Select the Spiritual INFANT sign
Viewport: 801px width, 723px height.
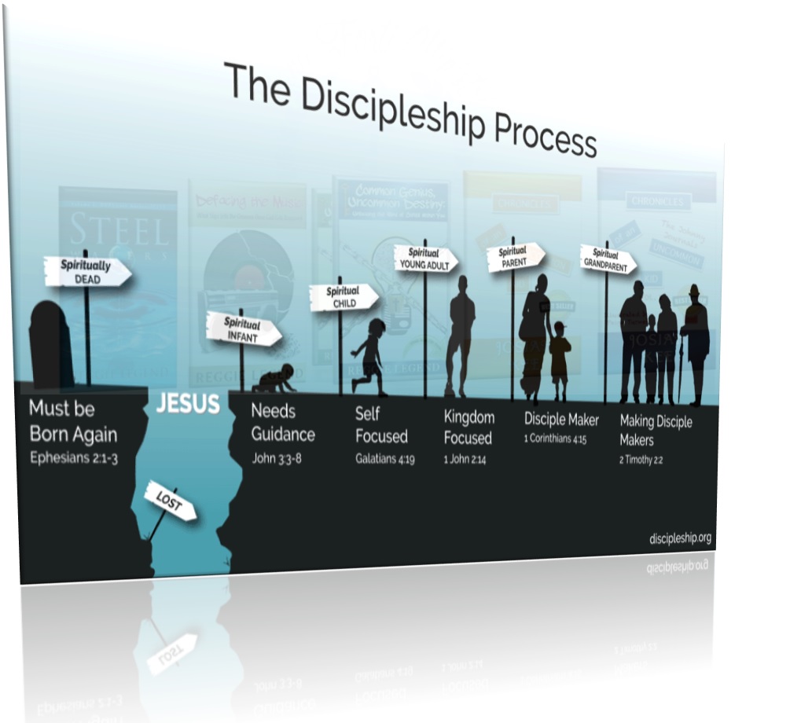pos(243,328)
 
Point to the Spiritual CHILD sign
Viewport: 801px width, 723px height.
pos(344,297)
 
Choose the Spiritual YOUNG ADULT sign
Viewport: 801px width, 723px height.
pos(425,259)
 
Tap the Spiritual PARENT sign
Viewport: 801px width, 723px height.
pos(515,257)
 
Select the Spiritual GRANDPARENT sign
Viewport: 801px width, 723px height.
pos(608,259)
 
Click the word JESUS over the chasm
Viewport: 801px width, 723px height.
pos(188,405)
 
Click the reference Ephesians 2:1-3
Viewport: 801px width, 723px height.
pos(73,458)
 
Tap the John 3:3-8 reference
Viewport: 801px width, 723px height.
pos(276,458)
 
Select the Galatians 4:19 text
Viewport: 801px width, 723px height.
pos(384,459)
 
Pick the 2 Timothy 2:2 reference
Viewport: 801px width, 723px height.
pos(641,460)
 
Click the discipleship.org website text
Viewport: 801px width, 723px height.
pos(680,538)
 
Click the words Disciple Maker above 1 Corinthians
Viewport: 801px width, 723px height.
pos(561,419)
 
